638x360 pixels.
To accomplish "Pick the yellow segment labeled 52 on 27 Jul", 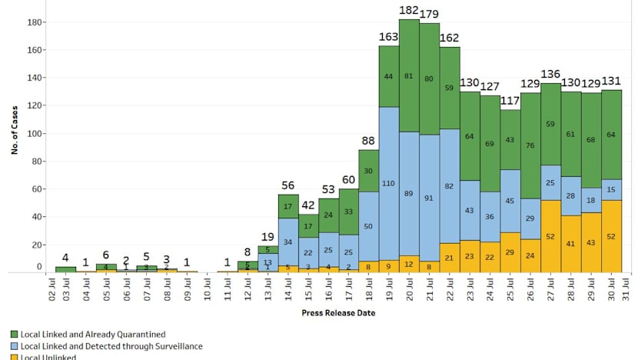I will click(x=551, y=236).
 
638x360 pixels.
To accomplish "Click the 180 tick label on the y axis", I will click(x=33, y=22).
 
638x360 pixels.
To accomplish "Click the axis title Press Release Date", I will click(x=337, y=313).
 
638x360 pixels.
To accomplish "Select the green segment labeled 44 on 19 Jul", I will click(x=390, y=76).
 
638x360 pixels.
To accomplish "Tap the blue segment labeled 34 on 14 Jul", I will click(x=288, y=242).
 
